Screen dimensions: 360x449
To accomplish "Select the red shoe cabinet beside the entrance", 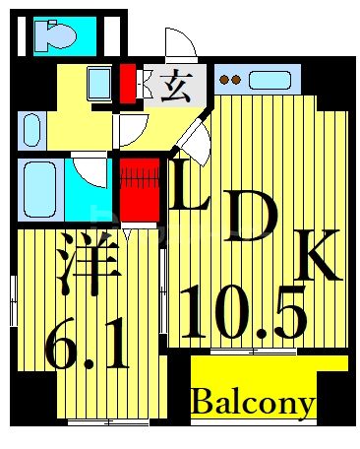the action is tap(127, 84).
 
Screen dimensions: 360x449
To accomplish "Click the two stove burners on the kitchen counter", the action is tap(229, 78).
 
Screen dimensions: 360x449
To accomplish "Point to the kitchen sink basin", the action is tap(267, 78).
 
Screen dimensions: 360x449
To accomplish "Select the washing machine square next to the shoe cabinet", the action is tap(100, 82).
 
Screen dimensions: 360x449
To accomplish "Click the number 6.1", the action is tap(86, 341).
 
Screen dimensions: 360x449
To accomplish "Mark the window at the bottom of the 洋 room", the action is tap(108, 422).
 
